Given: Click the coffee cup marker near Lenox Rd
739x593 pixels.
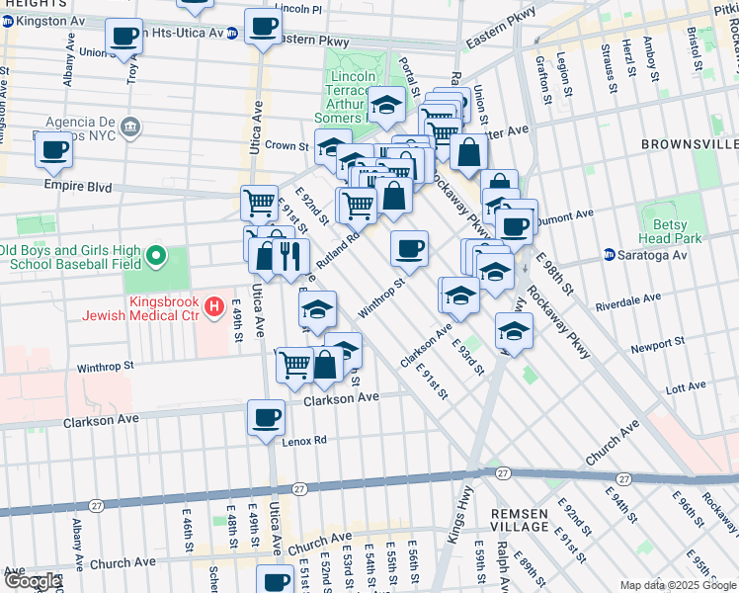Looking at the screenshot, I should (266, 416).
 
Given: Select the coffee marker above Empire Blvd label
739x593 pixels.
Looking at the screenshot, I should (53, 149).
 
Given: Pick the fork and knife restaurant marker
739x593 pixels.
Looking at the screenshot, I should (289, 256).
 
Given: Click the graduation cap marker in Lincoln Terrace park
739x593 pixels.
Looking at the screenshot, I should (386, 103).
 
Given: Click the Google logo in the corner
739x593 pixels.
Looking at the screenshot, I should (32, 581).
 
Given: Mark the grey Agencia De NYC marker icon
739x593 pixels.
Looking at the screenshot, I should (130, 127).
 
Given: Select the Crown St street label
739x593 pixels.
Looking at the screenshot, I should (287, 145).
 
